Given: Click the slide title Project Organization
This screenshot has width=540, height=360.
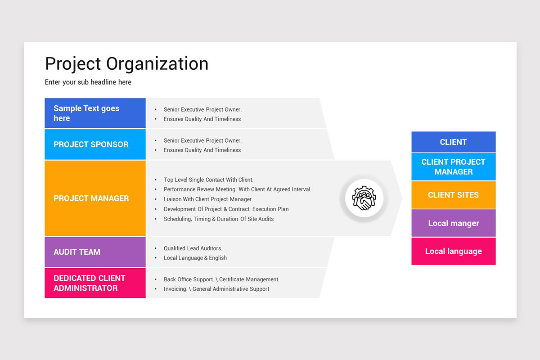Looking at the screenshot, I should tap(126, 64).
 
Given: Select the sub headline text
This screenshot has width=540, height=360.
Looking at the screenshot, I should tap(88, 82).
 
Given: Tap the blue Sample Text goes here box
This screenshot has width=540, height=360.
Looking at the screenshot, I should tap(95, 113).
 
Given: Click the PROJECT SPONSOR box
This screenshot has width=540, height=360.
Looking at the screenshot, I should tap(95, 144).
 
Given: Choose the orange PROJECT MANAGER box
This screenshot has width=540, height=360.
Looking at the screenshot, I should tap(95, 198).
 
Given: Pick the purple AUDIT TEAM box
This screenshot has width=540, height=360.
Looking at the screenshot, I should tap(95, 252).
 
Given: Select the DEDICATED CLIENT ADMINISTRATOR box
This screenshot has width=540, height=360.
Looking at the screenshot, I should tap(95, 283).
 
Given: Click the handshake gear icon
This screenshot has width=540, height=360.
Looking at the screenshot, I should tap(364, 198).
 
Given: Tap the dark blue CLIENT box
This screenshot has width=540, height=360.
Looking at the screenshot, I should tap(453, 142).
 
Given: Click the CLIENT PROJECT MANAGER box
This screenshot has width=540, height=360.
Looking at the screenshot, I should tap(453, 167).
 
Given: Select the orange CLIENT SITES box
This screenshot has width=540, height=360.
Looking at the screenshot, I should tap(453, 195).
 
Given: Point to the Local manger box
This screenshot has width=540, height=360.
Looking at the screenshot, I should tap(453, 223).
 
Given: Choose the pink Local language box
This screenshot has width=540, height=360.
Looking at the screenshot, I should tap(453, 251).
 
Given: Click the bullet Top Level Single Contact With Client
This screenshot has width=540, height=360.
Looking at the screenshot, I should tap(208, 180).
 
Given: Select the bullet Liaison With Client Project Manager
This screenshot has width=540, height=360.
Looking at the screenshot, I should tap(208, 199).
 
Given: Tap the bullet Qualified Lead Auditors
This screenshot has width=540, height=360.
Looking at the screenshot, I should tap(193, 248).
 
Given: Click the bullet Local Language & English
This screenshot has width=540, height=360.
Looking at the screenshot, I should tap(195, 258).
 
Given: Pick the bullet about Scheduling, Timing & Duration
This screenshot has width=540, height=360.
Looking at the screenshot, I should tap(219, 219).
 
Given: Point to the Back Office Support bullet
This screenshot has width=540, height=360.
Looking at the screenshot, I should tap(221, 279).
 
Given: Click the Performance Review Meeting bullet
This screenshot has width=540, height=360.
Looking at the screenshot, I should tap(237, 189).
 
